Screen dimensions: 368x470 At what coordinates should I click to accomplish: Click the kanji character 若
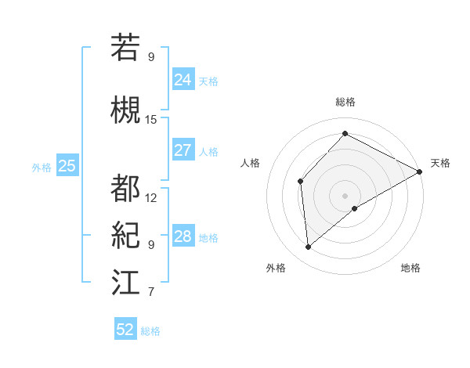pyautogui.click(x=125, y=48)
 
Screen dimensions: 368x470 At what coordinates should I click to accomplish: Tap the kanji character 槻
pyautogui.click(x=125, y=110)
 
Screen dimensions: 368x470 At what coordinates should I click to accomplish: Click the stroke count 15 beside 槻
pyautogui.click(x=151, y=119)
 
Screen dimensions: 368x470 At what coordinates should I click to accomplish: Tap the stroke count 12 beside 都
pyautogui.click(x=151, y=197)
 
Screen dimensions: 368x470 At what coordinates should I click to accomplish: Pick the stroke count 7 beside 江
pyautogui.click(x=151, y=292)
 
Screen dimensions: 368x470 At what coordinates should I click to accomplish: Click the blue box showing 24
pyautogui.click(x=183, y=79)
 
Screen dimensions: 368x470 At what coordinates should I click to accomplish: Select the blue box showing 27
pyautogui.click(x=183, y=150)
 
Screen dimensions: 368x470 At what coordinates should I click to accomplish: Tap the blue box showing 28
pyautogui.click(x=183, y=236)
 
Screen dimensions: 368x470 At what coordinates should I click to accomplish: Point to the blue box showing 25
pyautogui.click(x=67, y=166)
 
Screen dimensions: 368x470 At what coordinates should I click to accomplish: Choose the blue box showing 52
pyautogui.click(x=125, y=330)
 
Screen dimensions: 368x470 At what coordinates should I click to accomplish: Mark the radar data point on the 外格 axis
pyautogui.click(x=309, y=247)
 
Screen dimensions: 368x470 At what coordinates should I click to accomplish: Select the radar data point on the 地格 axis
pyautogui.click(x=356, y=208)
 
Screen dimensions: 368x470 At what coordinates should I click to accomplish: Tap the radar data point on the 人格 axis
pyautogui.click(x=300, y=182)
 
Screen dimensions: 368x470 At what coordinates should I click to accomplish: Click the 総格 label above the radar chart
pyautogui.click(x=345, y=102)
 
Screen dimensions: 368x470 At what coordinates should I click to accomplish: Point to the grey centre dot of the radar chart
pyautogui.click(x=345, y=194)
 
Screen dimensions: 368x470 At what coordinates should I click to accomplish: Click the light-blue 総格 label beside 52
pyautogui.click(x=150, y=331)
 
